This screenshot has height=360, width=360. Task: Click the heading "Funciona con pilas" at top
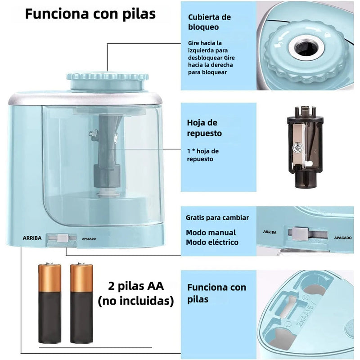tap(90, 14)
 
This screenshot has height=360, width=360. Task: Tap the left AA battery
tap(49, 303)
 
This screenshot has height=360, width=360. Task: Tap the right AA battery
tap(81, 303)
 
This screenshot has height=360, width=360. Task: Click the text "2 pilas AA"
tap(136, 286)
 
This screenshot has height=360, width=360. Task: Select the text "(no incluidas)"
tap(136, 301)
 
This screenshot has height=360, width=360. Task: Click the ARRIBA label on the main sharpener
tap(32, 238)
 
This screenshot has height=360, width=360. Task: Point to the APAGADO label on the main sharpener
tap(89, 239)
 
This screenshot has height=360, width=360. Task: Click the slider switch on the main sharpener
tap(62, 238)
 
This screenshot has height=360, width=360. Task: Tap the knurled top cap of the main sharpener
tap(108, 81)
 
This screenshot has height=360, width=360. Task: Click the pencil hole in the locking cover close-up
tap(306, 47)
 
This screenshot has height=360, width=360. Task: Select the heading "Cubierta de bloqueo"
tap(209, 22)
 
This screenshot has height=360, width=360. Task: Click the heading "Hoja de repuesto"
tap(204, 128)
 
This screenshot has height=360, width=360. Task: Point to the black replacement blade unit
tap(305, 147)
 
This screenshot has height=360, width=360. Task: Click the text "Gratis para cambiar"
tap(217, 218)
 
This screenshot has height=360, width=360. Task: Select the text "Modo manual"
tap(211, 233)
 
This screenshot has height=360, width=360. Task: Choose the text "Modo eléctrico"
tap(212, 243)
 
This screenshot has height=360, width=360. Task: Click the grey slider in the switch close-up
tap(300, 234)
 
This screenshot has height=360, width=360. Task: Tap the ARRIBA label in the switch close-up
tap(270, 232)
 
